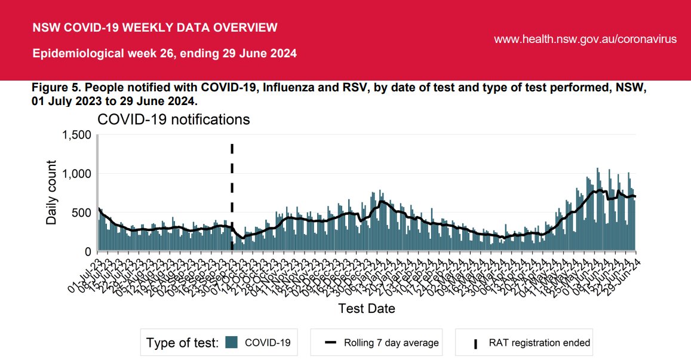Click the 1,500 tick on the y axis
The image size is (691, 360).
[x=76, y=136]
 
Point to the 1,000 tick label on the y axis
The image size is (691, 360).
[x=76, y=174]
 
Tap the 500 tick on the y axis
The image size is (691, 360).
[x=82, y=213]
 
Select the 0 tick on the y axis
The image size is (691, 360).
[x=87, y=251]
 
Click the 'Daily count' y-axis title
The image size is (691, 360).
[x=52, y=192]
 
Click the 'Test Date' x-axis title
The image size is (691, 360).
[x=366, y=309]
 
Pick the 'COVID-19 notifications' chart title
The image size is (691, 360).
[x=173, y=119]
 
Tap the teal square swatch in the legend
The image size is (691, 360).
[x=232, y=342]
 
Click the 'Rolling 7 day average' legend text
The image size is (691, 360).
[x=391, y=343]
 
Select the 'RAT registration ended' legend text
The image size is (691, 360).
[x=539, y=343]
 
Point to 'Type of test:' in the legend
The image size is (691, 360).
[x=183, y=343]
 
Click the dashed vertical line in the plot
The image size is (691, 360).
[x=232, y=179]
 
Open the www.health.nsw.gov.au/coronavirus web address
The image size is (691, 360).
[x=585, y=39]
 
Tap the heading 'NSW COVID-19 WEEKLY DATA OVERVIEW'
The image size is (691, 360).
[x=155, y=27]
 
